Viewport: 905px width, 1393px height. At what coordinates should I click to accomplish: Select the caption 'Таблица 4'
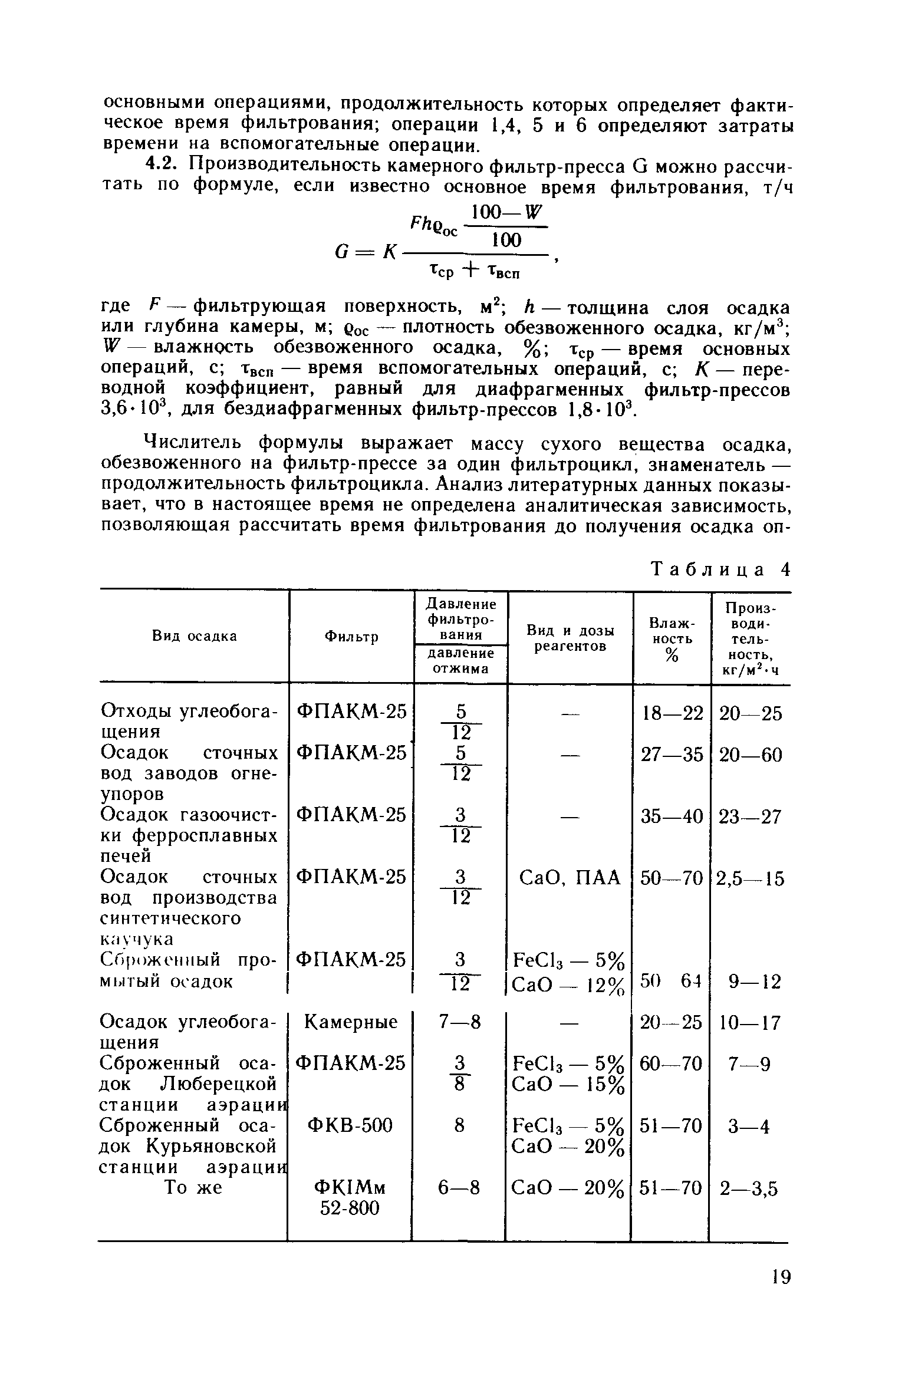(x=719, y=569)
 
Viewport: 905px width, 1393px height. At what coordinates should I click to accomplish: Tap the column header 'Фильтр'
(x=351, y=637)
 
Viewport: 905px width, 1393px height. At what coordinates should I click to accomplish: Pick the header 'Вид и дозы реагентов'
(x=570, y=638)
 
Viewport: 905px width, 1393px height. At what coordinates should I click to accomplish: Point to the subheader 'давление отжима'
(x=460, y=661)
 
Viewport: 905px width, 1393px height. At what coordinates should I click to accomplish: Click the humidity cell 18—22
(x=672, y=713)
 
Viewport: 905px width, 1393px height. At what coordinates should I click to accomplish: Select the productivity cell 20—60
(x=751, y=755)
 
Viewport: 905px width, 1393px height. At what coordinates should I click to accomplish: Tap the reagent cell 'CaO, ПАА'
(x=569, y=878)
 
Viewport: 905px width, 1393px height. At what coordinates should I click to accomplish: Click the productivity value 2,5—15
(x=750, y=879)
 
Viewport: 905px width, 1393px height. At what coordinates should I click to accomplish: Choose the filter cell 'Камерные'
(x=351, y=1021)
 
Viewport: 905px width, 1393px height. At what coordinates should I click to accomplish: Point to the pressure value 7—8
(x=459, y=1022)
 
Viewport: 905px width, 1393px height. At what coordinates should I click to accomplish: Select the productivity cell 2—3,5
(x=749, y=1189)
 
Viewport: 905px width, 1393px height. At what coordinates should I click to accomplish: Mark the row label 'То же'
(x=193, y=1188)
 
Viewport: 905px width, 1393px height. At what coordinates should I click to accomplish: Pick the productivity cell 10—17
(x=750, y=1022)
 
